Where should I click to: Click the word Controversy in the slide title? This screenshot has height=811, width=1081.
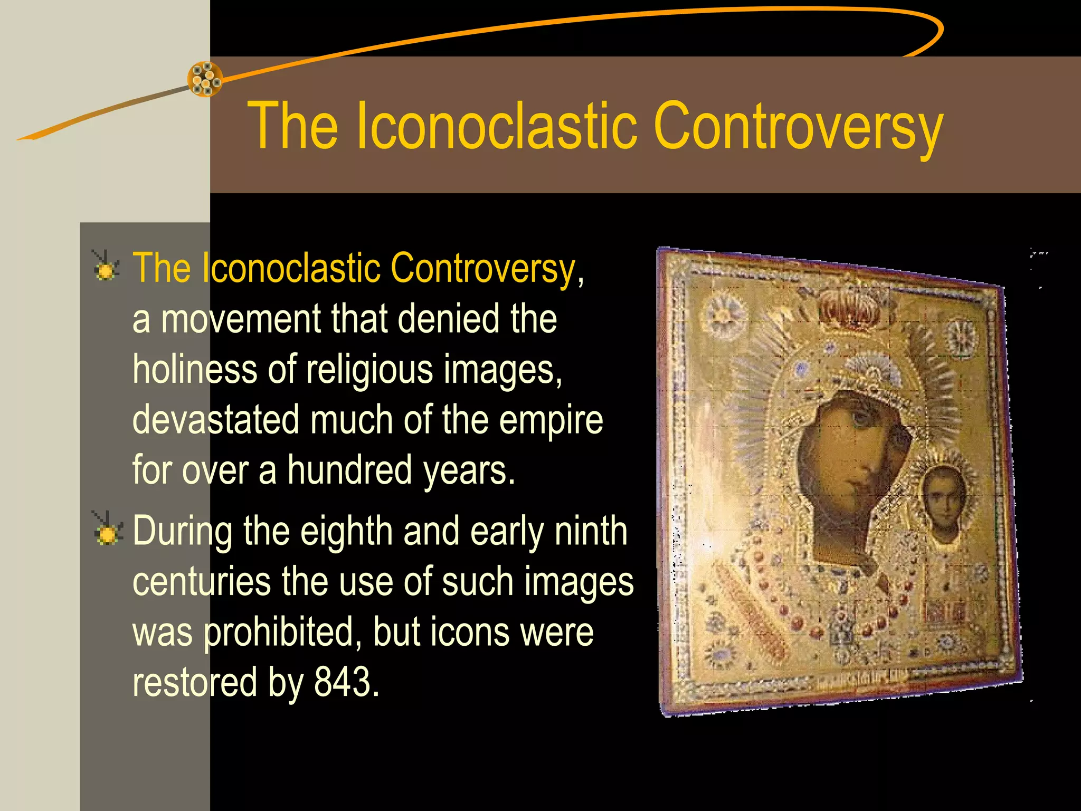point(798,127)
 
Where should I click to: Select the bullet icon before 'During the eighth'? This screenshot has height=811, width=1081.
point(107,530)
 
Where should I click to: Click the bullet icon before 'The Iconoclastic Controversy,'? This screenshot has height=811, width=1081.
point(106,267)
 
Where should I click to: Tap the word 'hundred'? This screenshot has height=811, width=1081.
point(349,470)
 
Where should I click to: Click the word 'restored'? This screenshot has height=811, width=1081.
point(195,682)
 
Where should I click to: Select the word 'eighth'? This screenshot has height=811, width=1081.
point(346,531)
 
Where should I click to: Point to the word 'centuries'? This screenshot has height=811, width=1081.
point(201,581)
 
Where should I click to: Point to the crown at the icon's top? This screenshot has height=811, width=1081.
point(850,309)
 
